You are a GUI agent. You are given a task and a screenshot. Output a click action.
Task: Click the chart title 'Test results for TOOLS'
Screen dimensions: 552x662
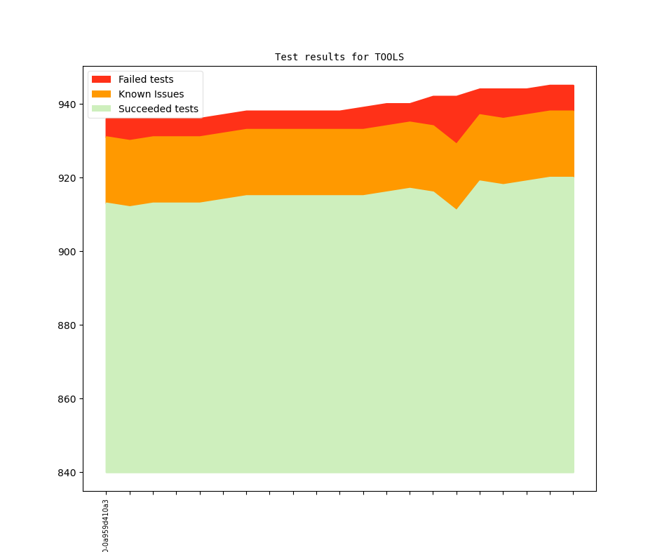pos(339,57)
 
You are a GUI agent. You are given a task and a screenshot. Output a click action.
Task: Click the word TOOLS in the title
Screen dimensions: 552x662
pos(389,57)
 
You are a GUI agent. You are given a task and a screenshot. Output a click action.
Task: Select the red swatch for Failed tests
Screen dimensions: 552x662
pos(102,79)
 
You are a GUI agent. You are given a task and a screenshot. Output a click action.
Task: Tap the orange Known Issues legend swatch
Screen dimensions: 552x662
pos(102,94)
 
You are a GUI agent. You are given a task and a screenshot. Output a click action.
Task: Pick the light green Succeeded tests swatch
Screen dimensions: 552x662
pos(102,109)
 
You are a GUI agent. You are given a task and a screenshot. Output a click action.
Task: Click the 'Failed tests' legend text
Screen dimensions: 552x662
pos(146,79)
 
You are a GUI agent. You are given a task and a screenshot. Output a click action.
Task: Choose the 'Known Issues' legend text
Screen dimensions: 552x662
pos(151,94)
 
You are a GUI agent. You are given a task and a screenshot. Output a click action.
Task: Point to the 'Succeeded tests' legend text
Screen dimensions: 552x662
pos(158,109)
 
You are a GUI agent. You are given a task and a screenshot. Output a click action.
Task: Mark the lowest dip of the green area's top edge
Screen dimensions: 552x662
pos(457,209)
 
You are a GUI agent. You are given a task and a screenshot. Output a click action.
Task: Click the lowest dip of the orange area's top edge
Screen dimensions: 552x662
pos(457,143)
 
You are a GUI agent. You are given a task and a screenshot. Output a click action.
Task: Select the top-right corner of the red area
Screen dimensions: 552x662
pos(574,86)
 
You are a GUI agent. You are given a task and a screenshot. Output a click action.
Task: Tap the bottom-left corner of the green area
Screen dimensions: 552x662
pos(106,472)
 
